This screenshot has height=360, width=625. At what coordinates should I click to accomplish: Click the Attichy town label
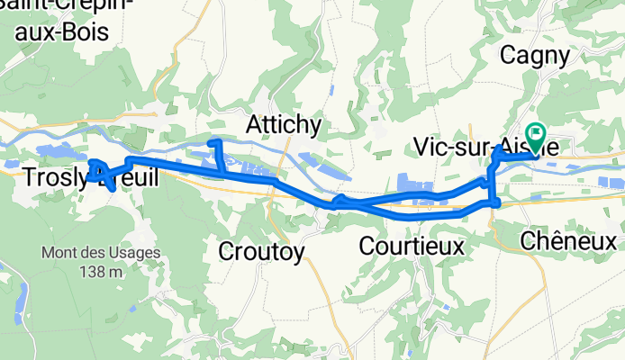(284, 122)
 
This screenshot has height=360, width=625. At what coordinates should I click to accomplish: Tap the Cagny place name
(536, 56)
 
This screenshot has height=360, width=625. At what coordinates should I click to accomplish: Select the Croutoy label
(261, 251)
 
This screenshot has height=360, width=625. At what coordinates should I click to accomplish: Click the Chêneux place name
(568, 241)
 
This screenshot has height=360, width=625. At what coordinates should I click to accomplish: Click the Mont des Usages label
(100, 253)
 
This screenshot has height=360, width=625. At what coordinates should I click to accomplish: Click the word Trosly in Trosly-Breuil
(52, 178)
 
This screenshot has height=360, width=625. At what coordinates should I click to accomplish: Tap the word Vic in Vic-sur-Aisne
(429, 147)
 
